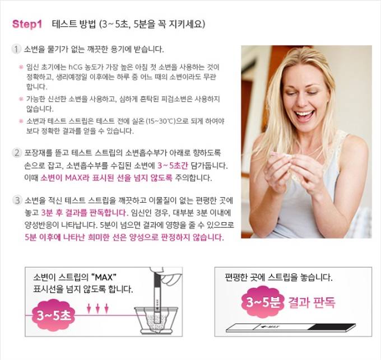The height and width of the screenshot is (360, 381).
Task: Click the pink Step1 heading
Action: [27, 24]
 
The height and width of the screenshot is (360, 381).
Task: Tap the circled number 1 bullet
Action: [16, 49]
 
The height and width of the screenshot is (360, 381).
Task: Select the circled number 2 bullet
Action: [17, 153]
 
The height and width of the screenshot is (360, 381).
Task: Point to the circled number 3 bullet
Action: [17, 200]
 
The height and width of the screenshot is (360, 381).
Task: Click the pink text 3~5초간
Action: [173, 166]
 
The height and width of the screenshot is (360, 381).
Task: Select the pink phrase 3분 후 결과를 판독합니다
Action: [85, 213]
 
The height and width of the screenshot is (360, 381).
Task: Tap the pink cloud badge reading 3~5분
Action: [263, 302]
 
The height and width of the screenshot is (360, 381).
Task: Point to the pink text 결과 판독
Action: [312, 302]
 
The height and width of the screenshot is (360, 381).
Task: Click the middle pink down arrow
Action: [97, 308]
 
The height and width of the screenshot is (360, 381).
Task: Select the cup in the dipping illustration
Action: [156, 320]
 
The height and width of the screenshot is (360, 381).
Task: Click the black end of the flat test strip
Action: [332, 327]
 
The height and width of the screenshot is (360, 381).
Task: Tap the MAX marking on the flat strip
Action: [270, 326]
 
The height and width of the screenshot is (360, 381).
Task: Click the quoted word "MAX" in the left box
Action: [104, 277]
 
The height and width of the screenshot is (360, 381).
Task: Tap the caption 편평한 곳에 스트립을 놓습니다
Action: [278, 277]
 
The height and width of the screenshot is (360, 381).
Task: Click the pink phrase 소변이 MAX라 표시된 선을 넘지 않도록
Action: [106, 177]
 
